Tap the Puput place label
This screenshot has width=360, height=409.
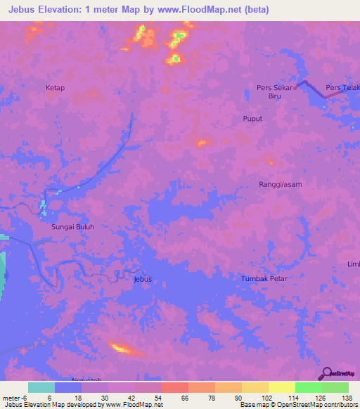coord(252,119)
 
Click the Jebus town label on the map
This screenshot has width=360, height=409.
coord(142,279)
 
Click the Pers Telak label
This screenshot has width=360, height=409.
coord(342,88)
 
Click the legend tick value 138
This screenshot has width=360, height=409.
coord(347,397)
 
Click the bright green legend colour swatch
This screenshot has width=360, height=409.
coord(308,387)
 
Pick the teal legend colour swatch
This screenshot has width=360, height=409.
coord(41,387)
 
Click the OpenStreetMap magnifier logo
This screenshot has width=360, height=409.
coord(326,373)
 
